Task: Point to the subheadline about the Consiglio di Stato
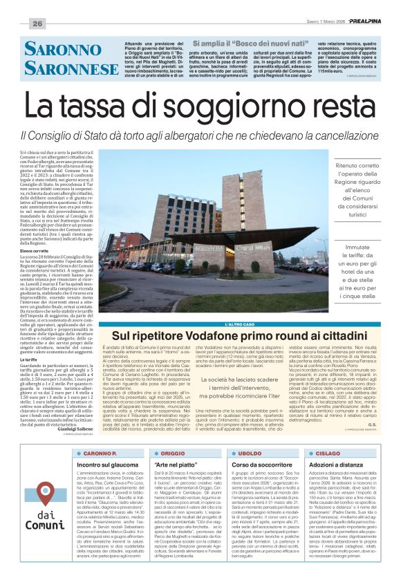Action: tap(200, 135)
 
